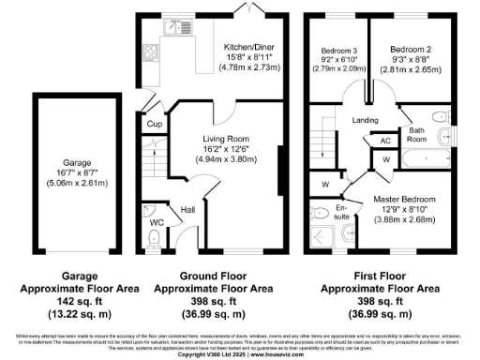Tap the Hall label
(187, 210)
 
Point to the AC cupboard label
(385, 142)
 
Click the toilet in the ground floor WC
(154, 238)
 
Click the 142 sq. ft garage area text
(65, 303)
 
